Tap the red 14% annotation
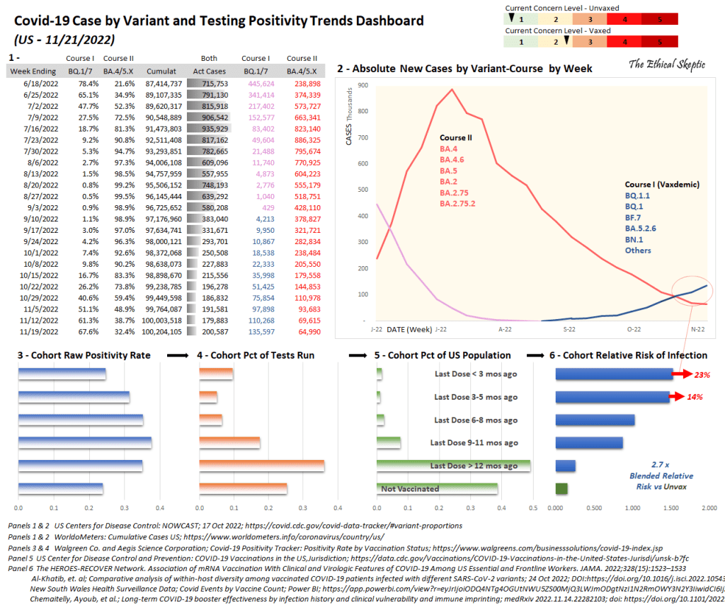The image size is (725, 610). click(x=694, y=397)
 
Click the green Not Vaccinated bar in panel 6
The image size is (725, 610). click(x=561, y=488)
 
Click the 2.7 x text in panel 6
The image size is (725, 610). click(x=660, y=464)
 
